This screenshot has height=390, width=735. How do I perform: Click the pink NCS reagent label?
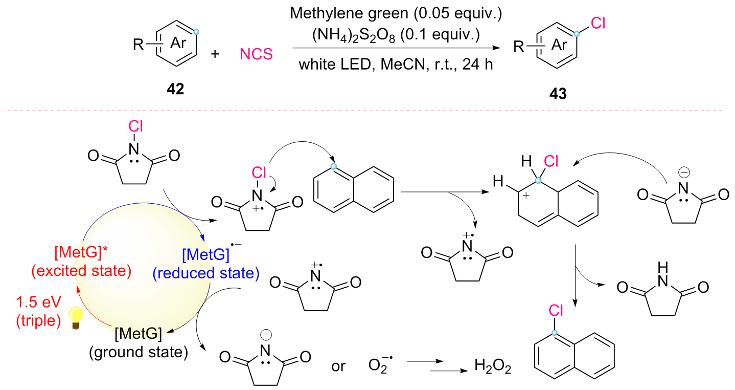(x=257, y=54)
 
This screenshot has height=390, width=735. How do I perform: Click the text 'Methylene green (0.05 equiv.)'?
(x=396, y=14)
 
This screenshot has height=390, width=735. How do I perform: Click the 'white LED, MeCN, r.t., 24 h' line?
(x=396, y=65)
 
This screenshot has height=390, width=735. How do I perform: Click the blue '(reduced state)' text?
(x=205, y=273)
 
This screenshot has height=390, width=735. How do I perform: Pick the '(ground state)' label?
(x=139, y=352)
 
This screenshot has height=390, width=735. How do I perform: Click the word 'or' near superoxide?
(x=338, y=366)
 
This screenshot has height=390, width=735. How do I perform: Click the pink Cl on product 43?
(x=599, y=23)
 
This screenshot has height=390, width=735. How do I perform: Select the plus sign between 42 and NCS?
(x=215, y=54)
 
